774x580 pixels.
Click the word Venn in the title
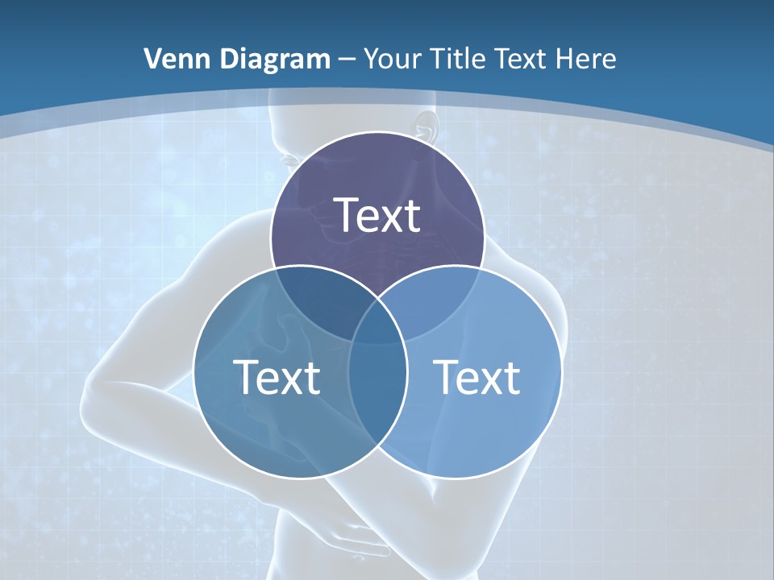172,59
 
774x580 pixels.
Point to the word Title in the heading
461,59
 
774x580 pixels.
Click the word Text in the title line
525,59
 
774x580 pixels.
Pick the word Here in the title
589,59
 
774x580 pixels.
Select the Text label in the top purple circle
377,215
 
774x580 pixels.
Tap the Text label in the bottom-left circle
277,377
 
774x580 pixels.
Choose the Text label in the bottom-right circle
476,377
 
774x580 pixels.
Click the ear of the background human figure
426,126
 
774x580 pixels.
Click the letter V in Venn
152,59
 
